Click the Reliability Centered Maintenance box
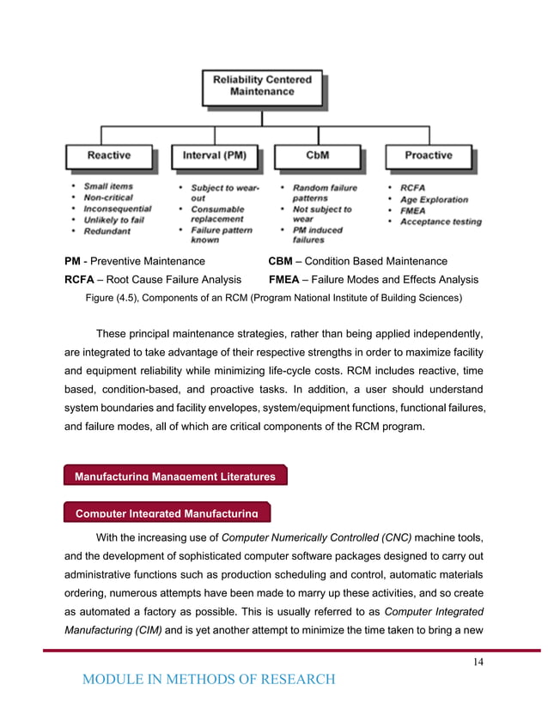262,87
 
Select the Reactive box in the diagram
109,155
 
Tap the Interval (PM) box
214,155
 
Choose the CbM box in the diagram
318,155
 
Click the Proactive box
428,155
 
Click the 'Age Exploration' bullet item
434,199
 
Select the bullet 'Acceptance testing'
441,221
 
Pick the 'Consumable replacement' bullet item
217,214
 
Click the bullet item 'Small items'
108,185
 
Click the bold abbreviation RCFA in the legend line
82,280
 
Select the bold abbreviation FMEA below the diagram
286,280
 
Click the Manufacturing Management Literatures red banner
175,476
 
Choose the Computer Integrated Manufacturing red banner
167,512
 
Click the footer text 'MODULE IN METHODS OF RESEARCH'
208,680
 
